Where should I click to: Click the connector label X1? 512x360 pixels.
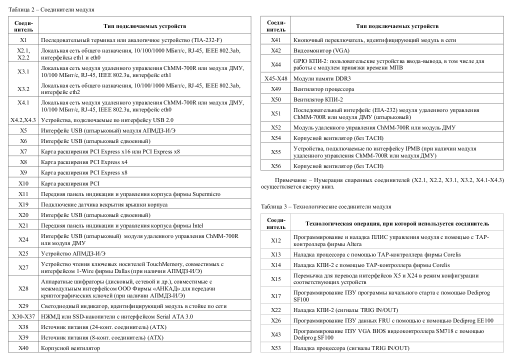23,39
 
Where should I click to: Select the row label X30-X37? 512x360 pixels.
23,316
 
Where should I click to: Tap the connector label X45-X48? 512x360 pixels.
276,78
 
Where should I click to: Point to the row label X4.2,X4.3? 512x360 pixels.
23,120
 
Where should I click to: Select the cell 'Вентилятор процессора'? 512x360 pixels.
323,89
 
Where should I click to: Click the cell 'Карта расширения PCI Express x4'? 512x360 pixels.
84,162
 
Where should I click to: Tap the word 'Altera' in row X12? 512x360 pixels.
353,244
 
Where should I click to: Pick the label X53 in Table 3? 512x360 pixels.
276,348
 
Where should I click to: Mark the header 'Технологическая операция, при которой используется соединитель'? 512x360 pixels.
397,223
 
